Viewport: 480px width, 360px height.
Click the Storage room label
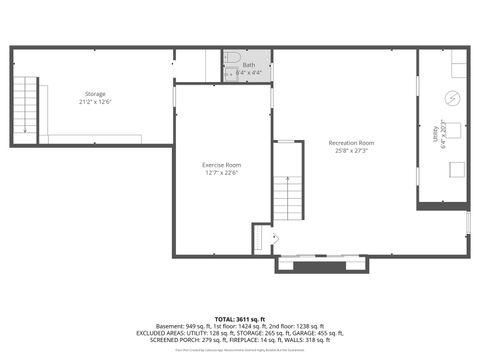coord(94,94)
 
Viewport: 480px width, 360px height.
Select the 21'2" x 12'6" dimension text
coord(94,102)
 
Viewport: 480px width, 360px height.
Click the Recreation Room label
coord(351,143)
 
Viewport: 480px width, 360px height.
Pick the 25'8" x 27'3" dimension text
coord(351,151)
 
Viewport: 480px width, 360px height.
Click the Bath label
coord(249,65)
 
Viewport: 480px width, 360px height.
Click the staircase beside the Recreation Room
coord(287,195)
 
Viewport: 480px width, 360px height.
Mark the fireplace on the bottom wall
coord(322,264)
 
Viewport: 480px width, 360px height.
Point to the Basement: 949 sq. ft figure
coord(184,325)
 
